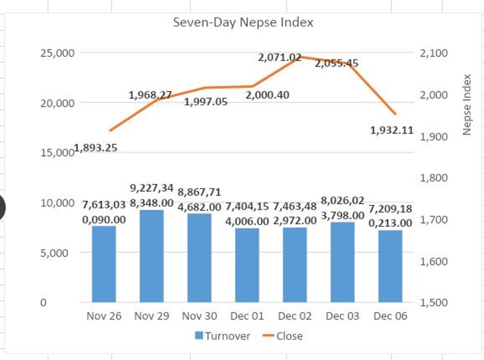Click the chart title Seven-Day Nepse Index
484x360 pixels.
(x=243, y=23)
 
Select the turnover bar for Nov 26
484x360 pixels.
(x=104, y=264)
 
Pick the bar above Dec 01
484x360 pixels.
(x=247, y=265)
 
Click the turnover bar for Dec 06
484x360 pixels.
(x=391, y=266)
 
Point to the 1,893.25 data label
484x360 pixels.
(x=96, y=148)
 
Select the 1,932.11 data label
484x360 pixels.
(x=392, y=131)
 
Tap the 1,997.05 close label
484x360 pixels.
(x=206, y=102)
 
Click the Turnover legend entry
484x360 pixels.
(x=222, y=336)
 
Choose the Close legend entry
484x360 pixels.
(x=283, y=336)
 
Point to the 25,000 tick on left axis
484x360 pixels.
(x=57, y=53)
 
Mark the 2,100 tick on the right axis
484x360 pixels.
(x=433, y=53)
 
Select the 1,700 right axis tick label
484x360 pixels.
(x=433, y=219)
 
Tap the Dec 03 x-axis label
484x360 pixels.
(x=342, y=316)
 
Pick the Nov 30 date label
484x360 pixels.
(x=199, y=316)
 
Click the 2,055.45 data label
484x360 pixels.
(x=337, y=64)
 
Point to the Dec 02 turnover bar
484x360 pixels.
(x=295, y=265)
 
